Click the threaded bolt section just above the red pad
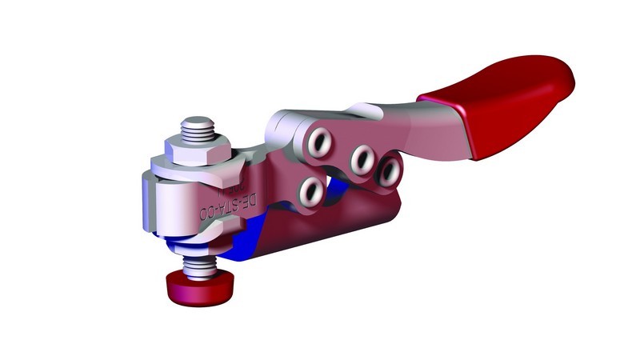click(194, 263)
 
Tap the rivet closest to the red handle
click(390, 169)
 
